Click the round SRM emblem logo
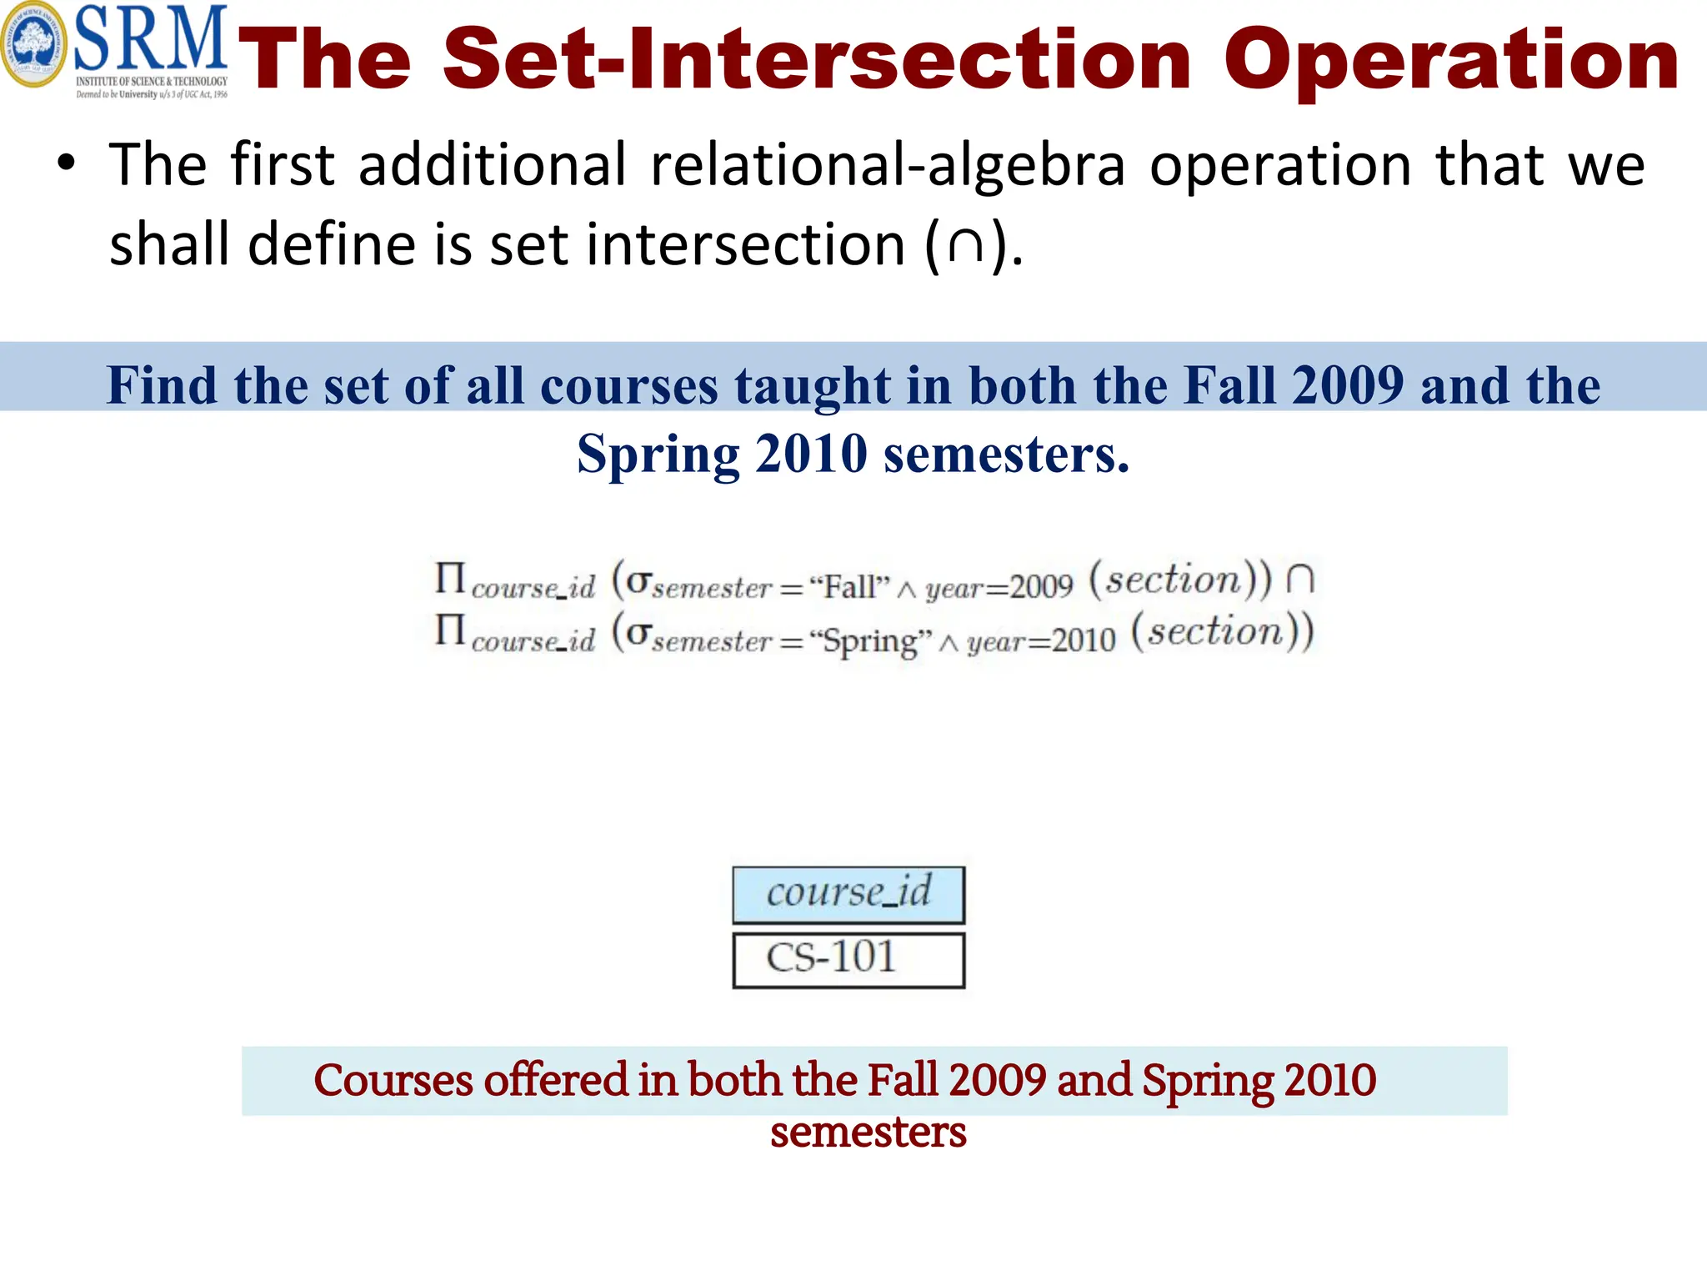[33, 47]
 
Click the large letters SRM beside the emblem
[151, 40]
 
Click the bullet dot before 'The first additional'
[67, 163]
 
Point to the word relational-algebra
[888, 164]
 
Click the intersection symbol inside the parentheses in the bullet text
[967, 246]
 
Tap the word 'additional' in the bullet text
[492, 164]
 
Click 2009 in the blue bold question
[1348, 385]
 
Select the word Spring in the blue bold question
[658, 455]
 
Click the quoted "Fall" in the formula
[849, 587]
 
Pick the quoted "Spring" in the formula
[871, 641]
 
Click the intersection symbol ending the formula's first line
[1299, 578]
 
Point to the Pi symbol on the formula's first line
[450, 578]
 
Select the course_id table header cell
[848, 894]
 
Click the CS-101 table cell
[848, 959]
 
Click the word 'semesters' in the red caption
[868, 1132]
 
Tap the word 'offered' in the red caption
[556, 1080]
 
